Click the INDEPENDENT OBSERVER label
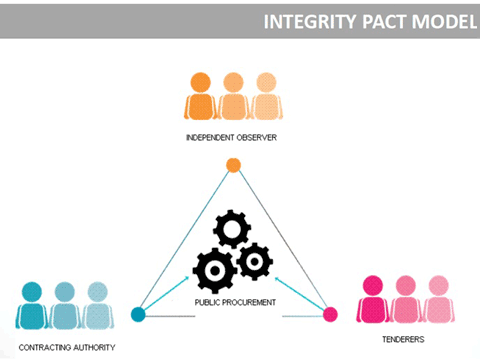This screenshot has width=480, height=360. tap(233, 137)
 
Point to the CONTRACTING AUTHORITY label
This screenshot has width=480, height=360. tap(66, 347)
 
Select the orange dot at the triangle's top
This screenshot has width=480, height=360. tap(233, 165)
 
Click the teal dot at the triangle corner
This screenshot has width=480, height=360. tap(139, 314)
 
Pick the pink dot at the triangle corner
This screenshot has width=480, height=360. tap(330, 314)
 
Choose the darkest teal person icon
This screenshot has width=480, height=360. tap(33, 305)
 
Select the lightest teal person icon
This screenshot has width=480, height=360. tap(96, 305)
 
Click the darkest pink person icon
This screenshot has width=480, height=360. tap(374, 298)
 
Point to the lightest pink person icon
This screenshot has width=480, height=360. tap(437, 298)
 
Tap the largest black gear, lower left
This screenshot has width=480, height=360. tap(214, 270)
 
